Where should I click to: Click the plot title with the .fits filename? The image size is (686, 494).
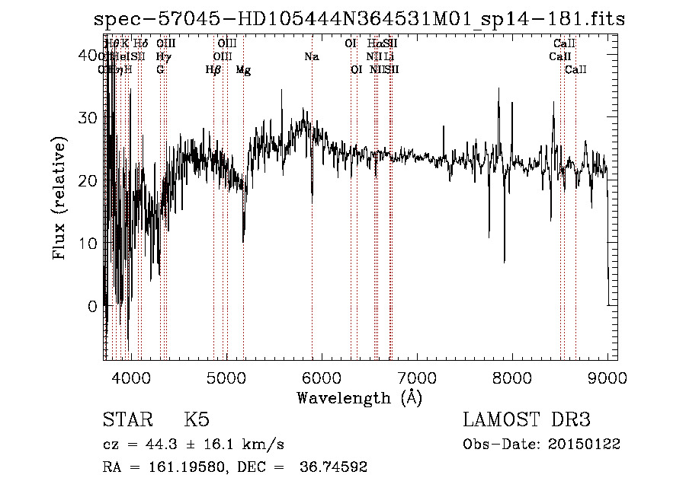click(x=360, y=20)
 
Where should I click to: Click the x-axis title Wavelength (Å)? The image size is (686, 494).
click(x=359, y=397)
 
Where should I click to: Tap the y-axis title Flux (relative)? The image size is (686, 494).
click(x=59, y=197)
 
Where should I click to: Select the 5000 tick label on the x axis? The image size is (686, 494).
click(x=225, y=376)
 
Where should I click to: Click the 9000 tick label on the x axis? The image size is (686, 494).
click(x=607, y=376)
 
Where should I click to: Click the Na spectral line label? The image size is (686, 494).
click(x=311, y=57)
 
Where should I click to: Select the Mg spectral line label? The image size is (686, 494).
click(x=243, y=70)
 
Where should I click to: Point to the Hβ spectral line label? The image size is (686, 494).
click(x=213, y=70)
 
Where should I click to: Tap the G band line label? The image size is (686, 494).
click(x=160, y=70)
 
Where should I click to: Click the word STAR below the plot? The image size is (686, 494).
click(x=127, y=420)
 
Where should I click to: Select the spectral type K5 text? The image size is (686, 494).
click(x=197, y=420)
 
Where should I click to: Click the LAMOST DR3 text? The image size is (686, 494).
click(x=527, y=420)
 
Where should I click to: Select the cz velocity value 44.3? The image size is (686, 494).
click(x=164, y=444)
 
